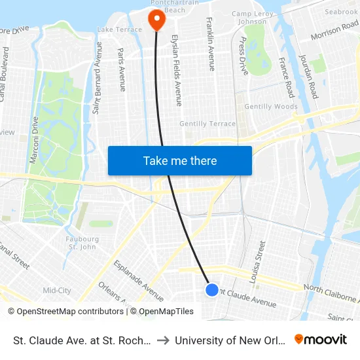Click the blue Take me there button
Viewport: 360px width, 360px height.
180,160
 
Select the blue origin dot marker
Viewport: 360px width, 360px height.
211,289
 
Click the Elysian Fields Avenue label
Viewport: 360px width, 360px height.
177,70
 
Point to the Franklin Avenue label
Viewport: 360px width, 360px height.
210,44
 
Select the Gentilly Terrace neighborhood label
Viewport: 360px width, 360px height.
207,124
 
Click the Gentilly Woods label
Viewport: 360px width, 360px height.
270,107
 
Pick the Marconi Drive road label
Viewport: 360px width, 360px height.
35,140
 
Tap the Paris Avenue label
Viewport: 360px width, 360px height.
121,69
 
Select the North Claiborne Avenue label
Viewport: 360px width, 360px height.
331,289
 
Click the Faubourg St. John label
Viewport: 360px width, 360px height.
82,243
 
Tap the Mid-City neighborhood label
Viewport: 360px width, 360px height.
56,290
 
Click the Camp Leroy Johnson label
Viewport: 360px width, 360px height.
249,18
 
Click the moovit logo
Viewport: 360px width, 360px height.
321,339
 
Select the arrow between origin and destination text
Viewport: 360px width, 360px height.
163,340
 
